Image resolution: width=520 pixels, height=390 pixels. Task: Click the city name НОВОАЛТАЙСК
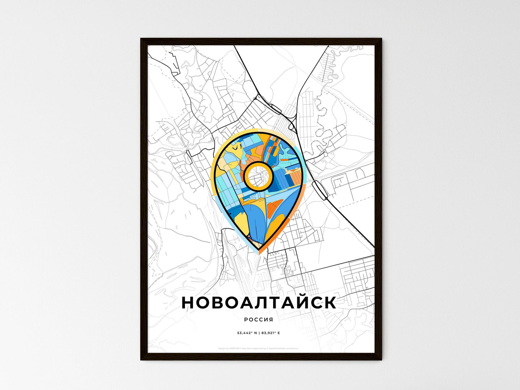pos(259,303)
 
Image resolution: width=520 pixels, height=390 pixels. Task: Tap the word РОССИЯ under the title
pos(258,319)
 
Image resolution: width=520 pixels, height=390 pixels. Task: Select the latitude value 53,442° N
pos(246,333)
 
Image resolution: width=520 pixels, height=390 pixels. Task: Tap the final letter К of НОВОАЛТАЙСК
pos(330,303)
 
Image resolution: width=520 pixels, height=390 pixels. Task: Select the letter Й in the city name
pos(295,302)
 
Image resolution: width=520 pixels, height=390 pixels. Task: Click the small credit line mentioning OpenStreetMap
pos(258,348)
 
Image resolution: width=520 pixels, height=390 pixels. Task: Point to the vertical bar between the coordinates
pos(258,333)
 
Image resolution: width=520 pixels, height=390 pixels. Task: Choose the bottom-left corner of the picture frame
pos(141,359)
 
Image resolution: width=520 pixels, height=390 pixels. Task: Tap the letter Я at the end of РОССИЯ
pos(271,319)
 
